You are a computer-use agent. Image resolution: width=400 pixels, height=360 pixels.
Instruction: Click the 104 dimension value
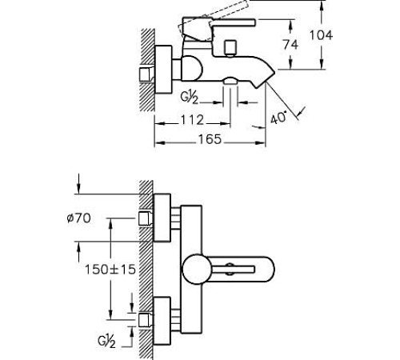321,35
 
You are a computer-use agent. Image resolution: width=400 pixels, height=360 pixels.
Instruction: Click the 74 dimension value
290,44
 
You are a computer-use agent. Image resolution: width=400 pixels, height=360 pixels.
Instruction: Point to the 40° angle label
279,118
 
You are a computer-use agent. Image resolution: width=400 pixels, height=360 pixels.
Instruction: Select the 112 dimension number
192,120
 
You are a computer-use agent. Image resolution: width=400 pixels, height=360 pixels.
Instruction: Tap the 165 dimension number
210,139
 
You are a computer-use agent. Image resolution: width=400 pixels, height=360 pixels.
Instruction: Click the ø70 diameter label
78,218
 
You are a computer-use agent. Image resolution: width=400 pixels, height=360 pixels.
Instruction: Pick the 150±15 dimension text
110,270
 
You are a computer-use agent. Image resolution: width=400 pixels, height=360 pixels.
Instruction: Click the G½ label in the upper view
190,97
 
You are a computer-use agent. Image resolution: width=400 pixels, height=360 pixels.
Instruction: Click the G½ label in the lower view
107,342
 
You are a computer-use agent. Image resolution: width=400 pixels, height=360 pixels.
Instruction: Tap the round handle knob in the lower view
197,269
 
